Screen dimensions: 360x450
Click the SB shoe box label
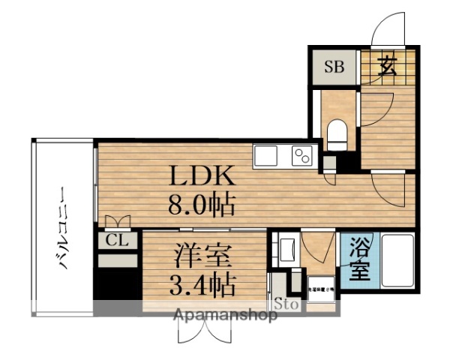(x=334, y=67)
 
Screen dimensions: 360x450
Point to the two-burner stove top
(x=302, y=156)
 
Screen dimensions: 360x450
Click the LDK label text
(x=202, y=177)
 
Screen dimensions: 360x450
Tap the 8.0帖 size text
(x=202, y=203)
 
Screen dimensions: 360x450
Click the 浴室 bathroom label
(x=361, y=258)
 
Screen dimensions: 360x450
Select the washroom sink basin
(x=286, y=248)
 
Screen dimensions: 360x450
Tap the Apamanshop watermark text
(x=225, y=315)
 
